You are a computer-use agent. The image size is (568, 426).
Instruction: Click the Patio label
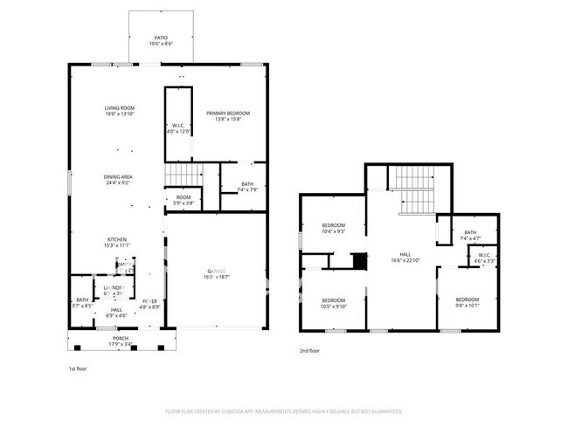point(161,38)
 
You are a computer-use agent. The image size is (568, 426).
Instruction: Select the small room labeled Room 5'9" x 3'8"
point(184,200)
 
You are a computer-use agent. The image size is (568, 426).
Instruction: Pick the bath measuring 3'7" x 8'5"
point(82,303)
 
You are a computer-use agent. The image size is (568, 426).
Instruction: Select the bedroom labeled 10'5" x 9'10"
point(334,302)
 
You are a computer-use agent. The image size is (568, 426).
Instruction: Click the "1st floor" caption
point(79,368)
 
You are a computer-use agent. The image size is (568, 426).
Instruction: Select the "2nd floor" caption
point(309,350)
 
